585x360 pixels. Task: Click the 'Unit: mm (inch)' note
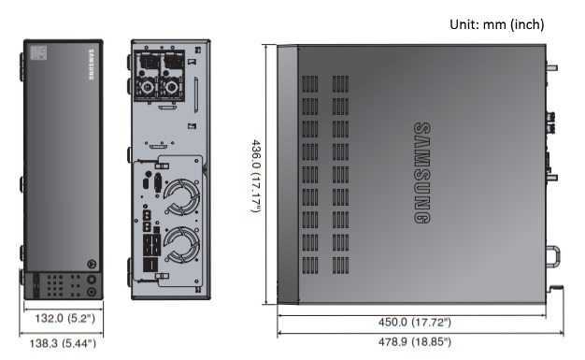(496, 23)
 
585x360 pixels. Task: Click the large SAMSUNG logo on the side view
(421, 172)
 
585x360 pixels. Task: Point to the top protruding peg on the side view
(552, 67)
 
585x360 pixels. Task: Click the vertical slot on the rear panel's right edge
(197, 94)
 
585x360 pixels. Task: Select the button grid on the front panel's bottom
(59, 284)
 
